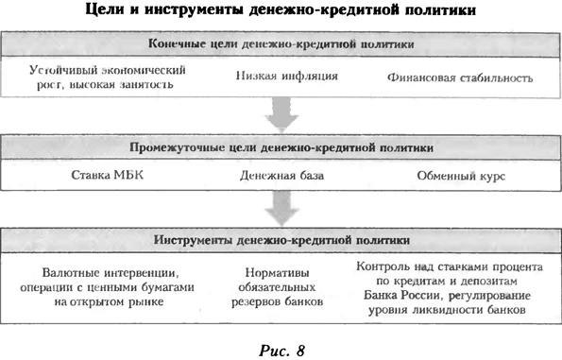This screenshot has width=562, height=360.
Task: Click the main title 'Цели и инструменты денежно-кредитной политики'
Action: (281, 11)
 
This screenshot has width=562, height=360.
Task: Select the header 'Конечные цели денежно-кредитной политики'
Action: (281, 44)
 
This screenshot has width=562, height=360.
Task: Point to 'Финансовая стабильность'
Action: (459, 78)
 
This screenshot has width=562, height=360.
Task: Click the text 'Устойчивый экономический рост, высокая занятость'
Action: (106, 77)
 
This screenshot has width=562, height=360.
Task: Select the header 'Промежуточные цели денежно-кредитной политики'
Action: (281, 147)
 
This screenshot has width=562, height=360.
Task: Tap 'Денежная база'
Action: (281, 177)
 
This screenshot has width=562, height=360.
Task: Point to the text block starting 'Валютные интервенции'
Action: (104, 285)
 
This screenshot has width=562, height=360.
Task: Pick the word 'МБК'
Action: (123, 177)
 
